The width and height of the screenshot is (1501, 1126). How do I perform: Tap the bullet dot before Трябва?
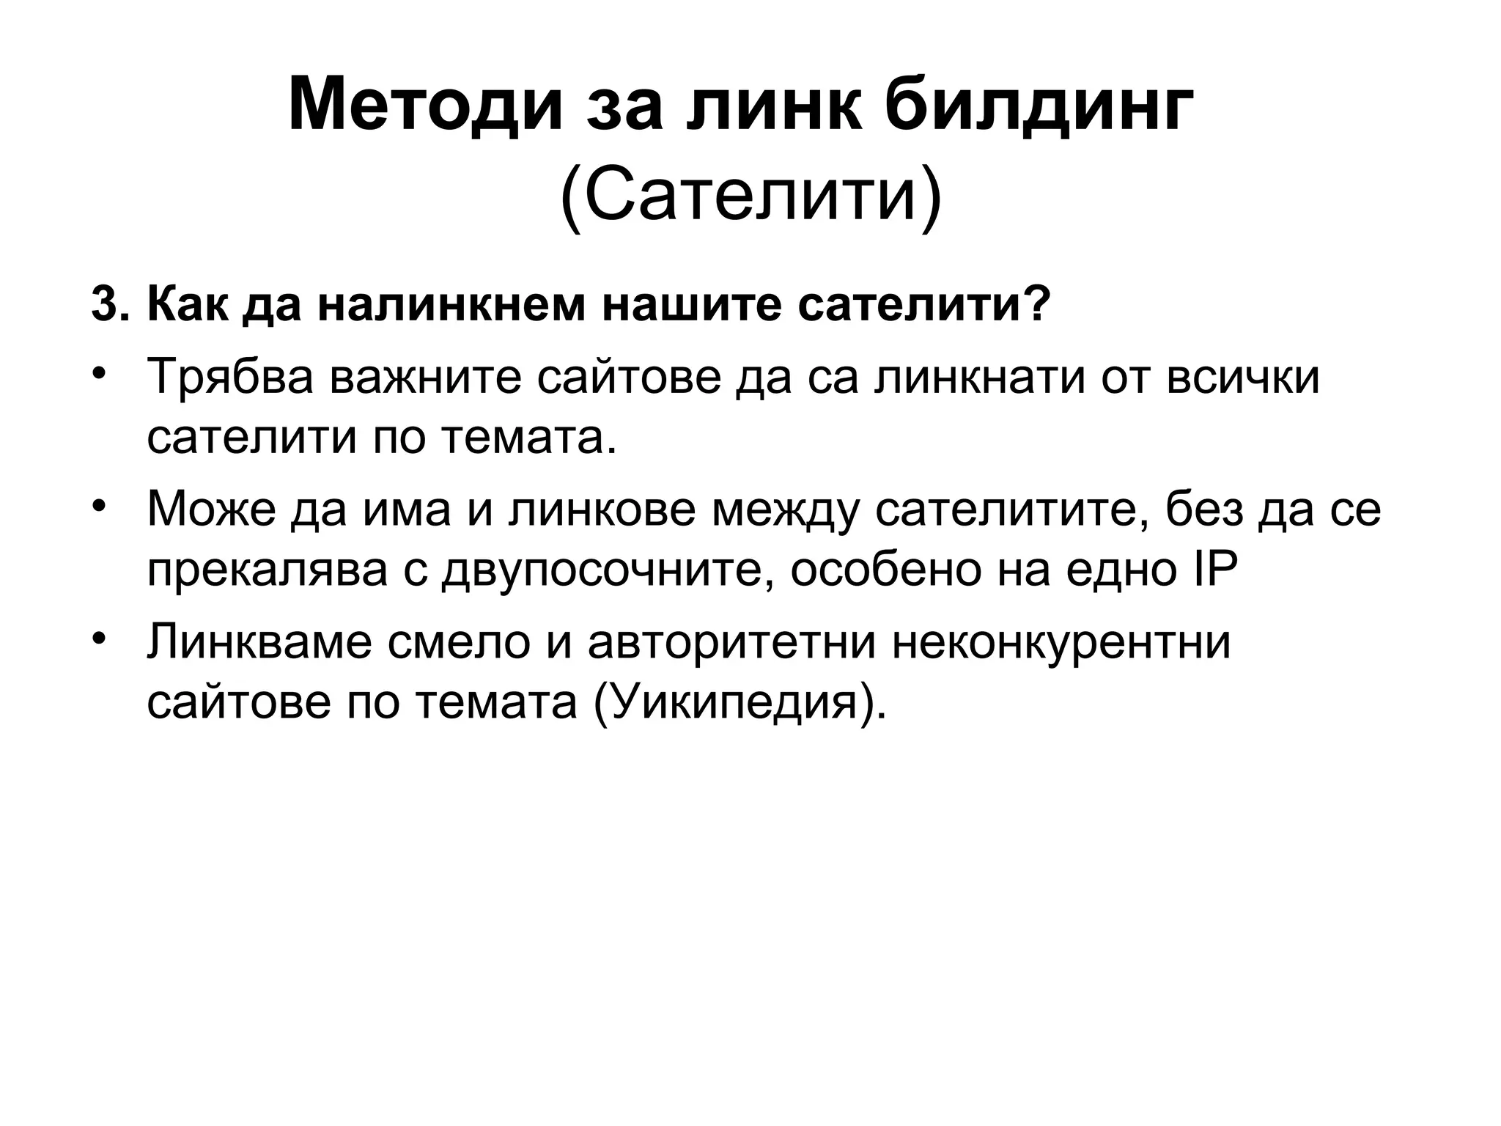click(x=100, y=375)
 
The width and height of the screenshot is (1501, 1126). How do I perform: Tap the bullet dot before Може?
click(x=100, y=506)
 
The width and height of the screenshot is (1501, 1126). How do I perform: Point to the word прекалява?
click(x=268, y=571)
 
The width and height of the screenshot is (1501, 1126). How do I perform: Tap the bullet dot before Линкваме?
click(x=100, y=638)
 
